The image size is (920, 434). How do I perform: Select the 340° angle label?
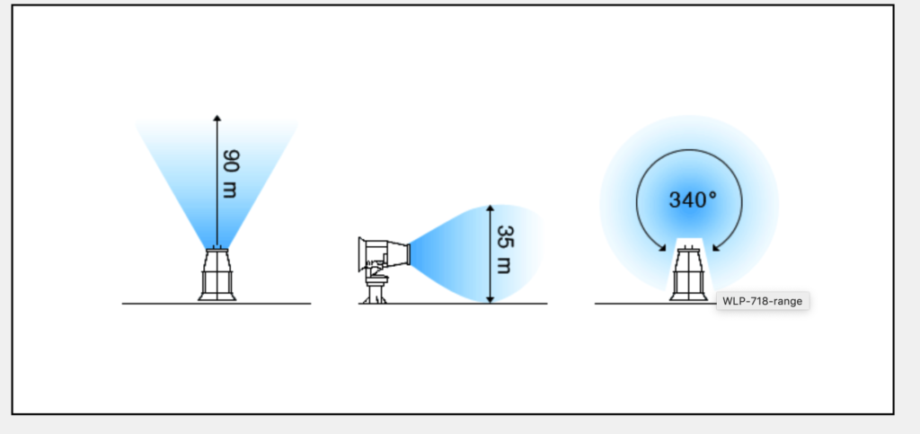(x=693, y=200)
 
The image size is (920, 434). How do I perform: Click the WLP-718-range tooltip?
(x=762, y=301)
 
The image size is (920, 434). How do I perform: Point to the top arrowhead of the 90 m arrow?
(x=217, y=118)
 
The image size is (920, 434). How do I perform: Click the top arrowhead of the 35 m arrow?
(x=490, y=208)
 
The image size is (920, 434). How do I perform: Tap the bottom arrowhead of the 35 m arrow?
(x=490, y=300)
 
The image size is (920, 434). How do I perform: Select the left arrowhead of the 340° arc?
(x=662, y=247)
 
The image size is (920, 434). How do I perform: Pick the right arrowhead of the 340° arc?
(x=716, y=247)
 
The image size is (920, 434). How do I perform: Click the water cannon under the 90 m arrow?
(x=217, y=274)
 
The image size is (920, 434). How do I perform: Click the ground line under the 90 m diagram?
(x=217, y=304)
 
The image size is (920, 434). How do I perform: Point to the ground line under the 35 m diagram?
(x=453, y=304)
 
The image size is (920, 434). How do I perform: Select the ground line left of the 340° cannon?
(x=632, y=304)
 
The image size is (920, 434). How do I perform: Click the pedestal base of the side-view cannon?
(x=375, y=291)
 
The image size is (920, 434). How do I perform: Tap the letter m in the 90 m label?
(x=230, y=190)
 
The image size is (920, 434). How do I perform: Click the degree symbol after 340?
(x=712, y=194)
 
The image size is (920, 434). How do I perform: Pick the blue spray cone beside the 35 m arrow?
(x=476, y=253)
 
